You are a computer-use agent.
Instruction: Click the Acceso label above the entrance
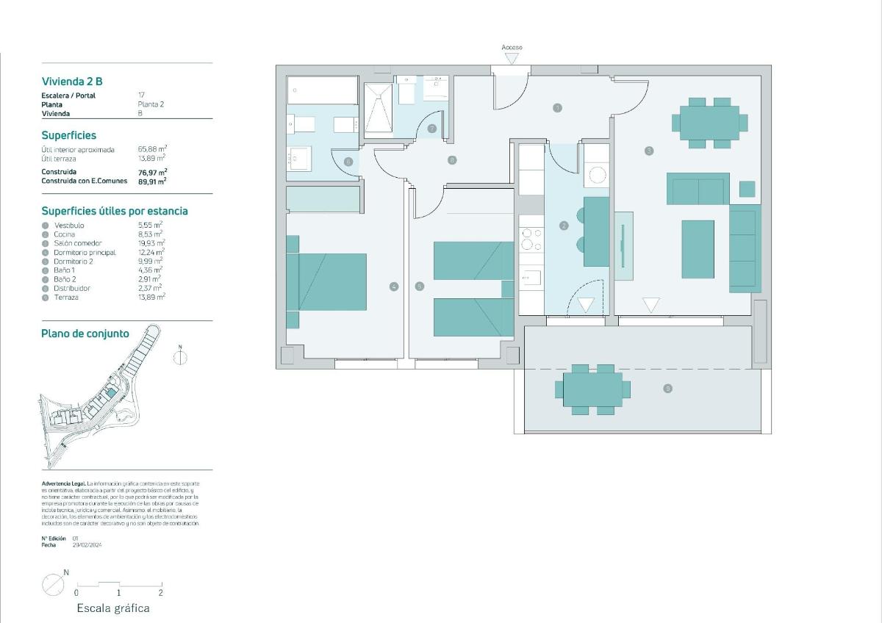tap(512, 48)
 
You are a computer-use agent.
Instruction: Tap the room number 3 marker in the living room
tap(649, 151)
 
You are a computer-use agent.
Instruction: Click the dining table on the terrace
tap(592, 389)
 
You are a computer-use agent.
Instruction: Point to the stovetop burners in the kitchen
tap(531, 240)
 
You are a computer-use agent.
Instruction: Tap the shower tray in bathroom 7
tap(379, 109)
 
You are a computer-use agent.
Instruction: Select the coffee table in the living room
tap(698, 249)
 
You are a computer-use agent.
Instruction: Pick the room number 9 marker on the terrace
tap(667, 389)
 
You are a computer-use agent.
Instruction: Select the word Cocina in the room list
tap(65, 234)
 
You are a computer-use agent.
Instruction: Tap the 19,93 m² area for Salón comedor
tap(151, 243)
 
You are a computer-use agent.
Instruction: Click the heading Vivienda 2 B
tap(77, 82)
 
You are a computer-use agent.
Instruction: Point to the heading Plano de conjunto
tap(85, 334)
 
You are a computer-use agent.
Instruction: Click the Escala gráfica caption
tap(113, 608)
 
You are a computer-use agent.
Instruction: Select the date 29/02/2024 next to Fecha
tap(87, 545)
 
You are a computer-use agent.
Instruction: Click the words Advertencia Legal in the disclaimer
tap(63, 483)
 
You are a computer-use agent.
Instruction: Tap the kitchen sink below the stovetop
tap(531, 278)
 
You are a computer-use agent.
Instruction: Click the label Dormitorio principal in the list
tap(85, 252)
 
